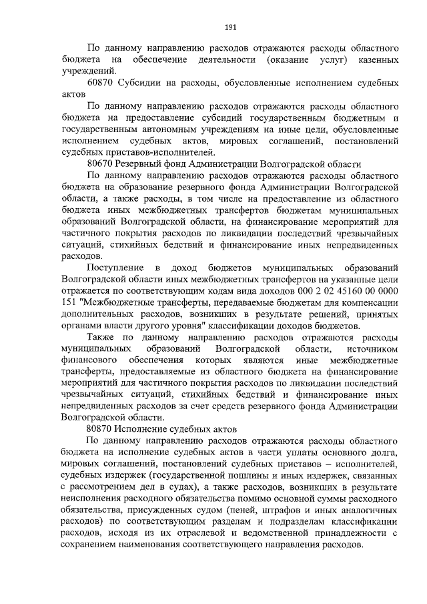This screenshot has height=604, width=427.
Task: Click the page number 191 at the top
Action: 230,27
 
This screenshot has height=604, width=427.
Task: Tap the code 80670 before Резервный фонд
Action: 100,164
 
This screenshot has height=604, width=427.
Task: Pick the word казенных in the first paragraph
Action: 379,60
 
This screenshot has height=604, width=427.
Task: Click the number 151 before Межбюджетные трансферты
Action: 67,302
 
